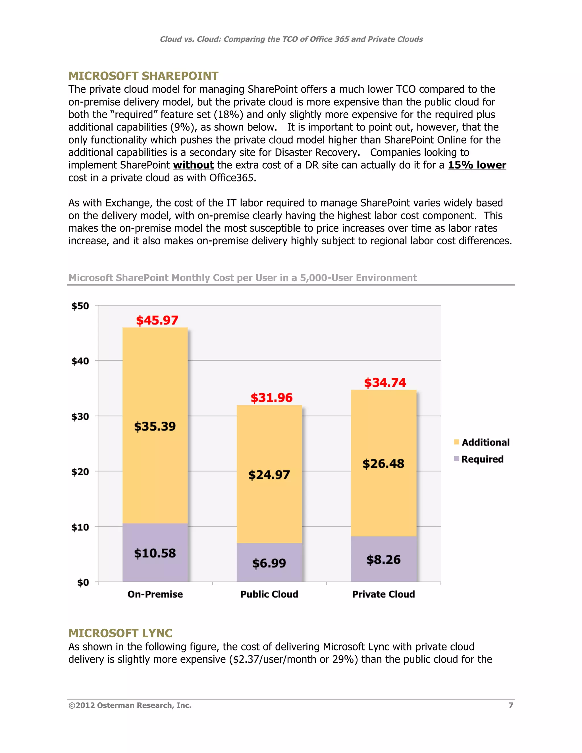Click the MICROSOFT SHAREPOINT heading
point(143,76)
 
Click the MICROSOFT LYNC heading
point(120,633)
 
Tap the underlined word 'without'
point(194,165)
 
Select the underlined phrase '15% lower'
point(477,165)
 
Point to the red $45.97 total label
point(157,320)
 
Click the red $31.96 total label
point(271,398)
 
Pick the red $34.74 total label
point(385,382)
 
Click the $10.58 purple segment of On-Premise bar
point(155,553)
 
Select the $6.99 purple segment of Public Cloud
point(269,563)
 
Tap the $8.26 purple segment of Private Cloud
point(383,559)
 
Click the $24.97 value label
point(269,475)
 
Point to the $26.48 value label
point(383,464)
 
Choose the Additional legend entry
point(482,442)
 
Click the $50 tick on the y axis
point(80,306)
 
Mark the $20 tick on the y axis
point(80,472)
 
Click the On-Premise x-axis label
point(155,594)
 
